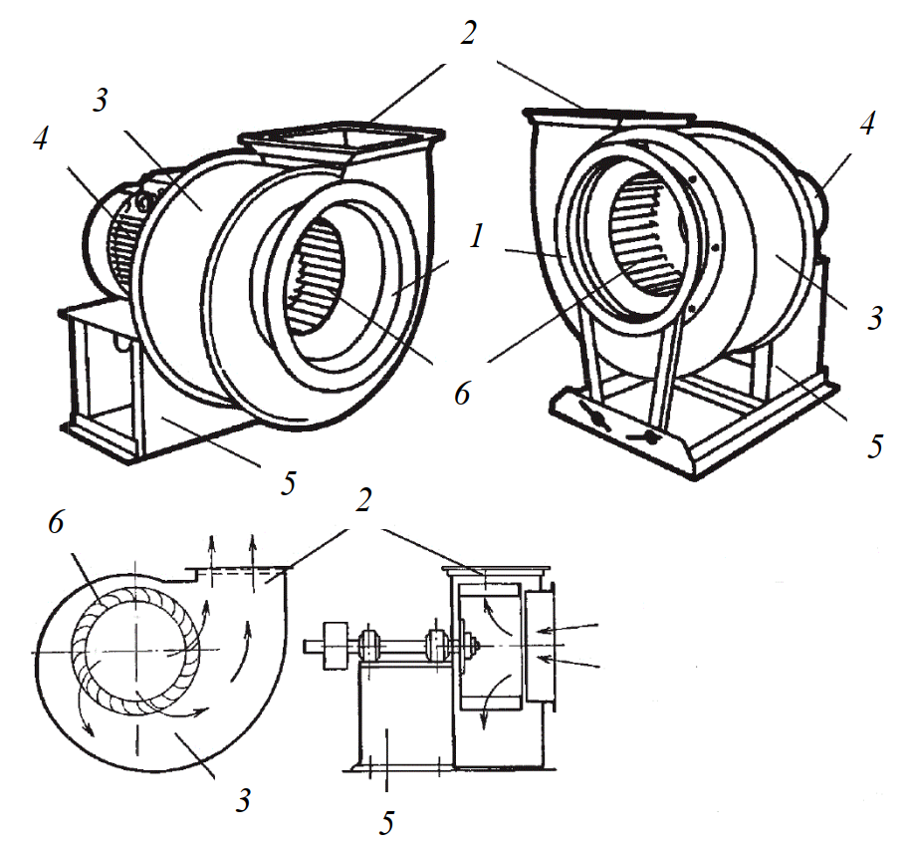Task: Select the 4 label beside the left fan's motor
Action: coord(40,140)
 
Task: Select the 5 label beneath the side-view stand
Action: coord(387,822)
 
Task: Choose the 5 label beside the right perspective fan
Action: coord(874,445)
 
